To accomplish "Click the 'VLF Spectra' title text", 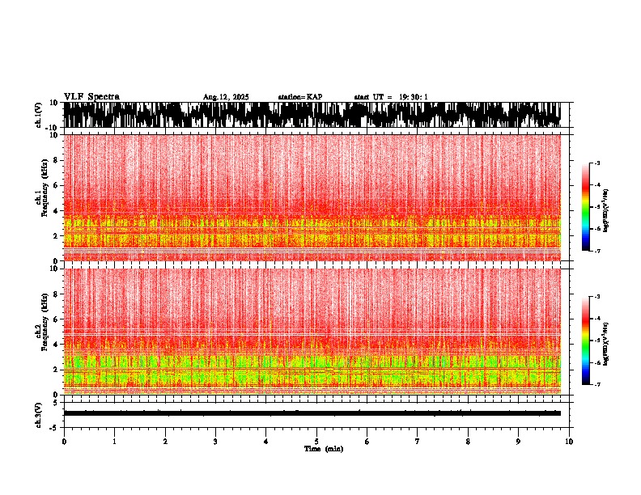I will coord(91,97).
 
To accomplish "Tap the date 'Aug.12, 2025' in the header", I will coord(226,97).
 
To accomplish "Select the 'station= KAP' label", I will coord(299,97).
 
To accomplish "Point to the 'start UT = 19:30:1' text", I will coord(391,97).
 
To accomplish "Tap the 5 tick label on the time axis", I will coord(316,441).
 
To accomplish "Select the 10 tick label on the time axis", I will coord(569,441).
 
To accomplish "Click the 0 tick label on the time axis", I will coord(64,441).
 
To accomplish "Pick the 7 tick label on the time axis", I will coord(418,441).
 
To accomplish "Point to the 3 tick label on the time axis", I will coord(215,441).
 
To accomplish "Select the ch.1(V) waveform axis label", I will coord(38,115).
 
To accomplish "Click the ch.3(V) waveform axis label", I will coord(38,413).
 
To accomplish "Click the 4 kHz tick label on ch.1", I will coord(57,211).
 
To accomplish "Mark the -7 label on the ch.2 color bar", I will coord(596,385).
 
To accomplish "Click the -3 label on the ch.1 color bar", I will coord(596,163).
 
